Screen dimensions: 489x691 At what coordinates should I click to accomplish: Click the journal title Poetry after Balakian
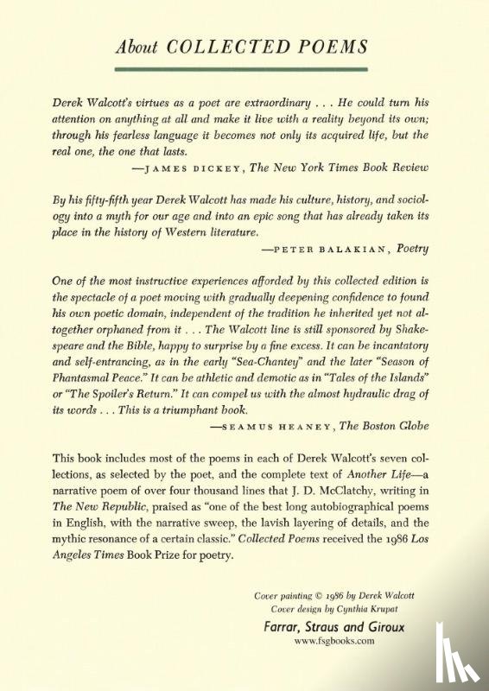click(412, 248)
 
